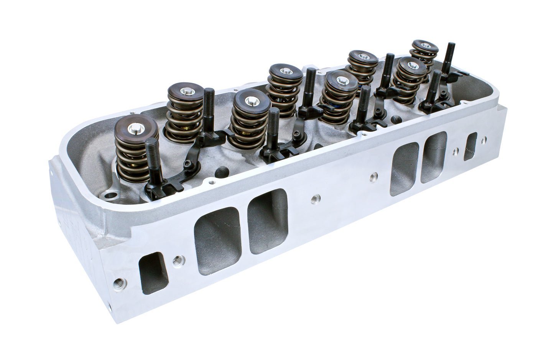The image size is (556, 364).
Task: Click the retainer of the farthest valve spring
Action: click(424, 46)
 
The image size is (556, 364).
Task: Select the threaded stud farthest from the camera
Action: click(449, 57)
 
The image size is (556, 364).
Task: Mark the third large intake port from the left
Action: click(404, 168)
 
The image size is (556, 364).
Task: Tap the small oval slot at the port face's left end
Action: click(155, 272)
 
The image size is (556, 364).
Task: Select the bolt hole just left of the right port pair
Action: click(373, 177)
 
